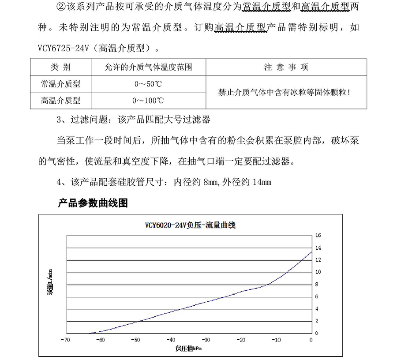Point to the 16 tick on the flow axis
click(318, 236)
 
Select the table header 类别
click(60, 67)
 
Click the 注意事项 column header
click(286, 67)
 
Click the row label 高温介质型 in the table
click(60, 100)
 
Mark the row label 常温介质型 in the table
click(60, 84)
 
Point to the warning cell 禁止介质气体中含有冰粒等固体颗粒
click(286, 92)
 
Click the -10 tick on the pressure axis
click(276, 340)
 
